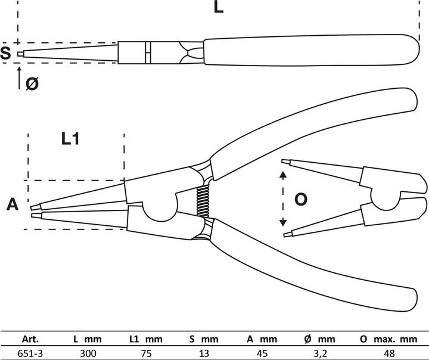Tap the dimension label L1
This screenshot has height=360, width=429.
(70, 139)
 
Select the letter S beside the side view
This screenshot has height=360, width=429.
(6, 54)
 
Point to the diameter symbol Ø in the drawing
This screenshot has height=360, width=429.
(33, 84)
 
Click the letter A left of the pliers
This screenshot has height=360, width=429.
(13, 205)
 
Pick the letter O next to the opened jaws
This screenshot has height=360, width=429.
(301, 199)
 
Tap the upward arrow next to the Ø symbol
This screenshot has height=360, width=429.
(19, 77)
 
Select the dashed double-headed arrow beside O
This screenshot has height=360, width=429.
(283, 200)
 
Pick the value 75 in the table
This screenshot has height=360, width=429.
(145, 353)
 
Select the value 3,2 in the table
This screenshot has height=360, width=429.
(320, 353)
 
